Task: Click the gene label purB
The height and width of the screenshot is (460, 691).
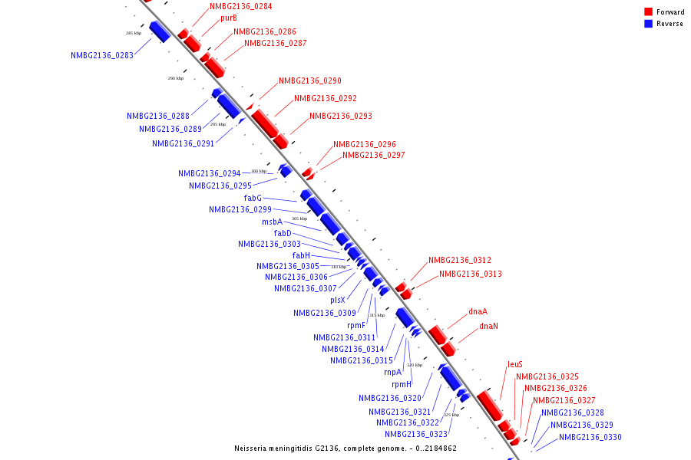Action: point(228,18)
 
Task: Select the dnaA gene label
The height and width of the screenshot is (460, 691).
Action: point(478,312)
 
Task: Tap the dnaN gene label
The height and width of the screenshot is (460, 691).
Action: point(488,326)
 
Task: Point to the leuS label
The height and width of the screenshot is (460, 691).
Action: point(515,365)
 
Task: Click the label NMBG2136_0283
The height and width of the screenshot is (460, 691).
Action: point(102,55)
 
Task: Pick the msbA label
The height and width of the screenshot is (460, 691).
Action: point(272,222)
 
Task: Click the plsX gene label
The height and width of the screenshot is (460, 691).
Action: point(338,300)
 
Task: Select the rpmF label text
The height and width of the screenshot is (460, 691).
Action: point(356,325)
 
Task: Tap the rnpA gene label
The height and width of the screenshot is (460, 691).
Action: point(393,372)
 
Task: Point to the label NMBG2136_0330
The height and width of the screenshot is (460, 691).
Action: point(590,437)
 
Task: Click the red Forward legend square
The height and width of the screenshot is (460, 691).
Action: point(649,12)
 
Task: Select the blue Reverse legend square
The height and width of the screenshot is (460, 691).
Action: point(649,24)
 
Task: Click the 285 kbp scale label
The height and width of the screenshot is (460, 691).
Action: point(134,33)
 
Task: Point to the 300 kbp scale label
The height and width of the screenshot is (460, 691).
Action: point(259,171)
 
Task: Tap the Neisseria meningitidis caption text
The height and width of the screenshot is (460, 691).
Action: point(345,448)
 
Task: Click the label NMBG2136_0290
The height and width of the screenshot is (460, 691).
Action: point(310,80)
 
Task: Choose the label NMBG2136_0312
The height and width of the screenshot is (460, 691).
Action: point(460,260)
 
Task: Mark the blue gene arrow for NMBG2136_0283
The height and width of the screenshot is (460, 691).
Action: point(160,31)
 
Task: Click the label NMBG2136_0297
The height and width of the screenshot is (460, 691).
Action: point(373,155)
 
